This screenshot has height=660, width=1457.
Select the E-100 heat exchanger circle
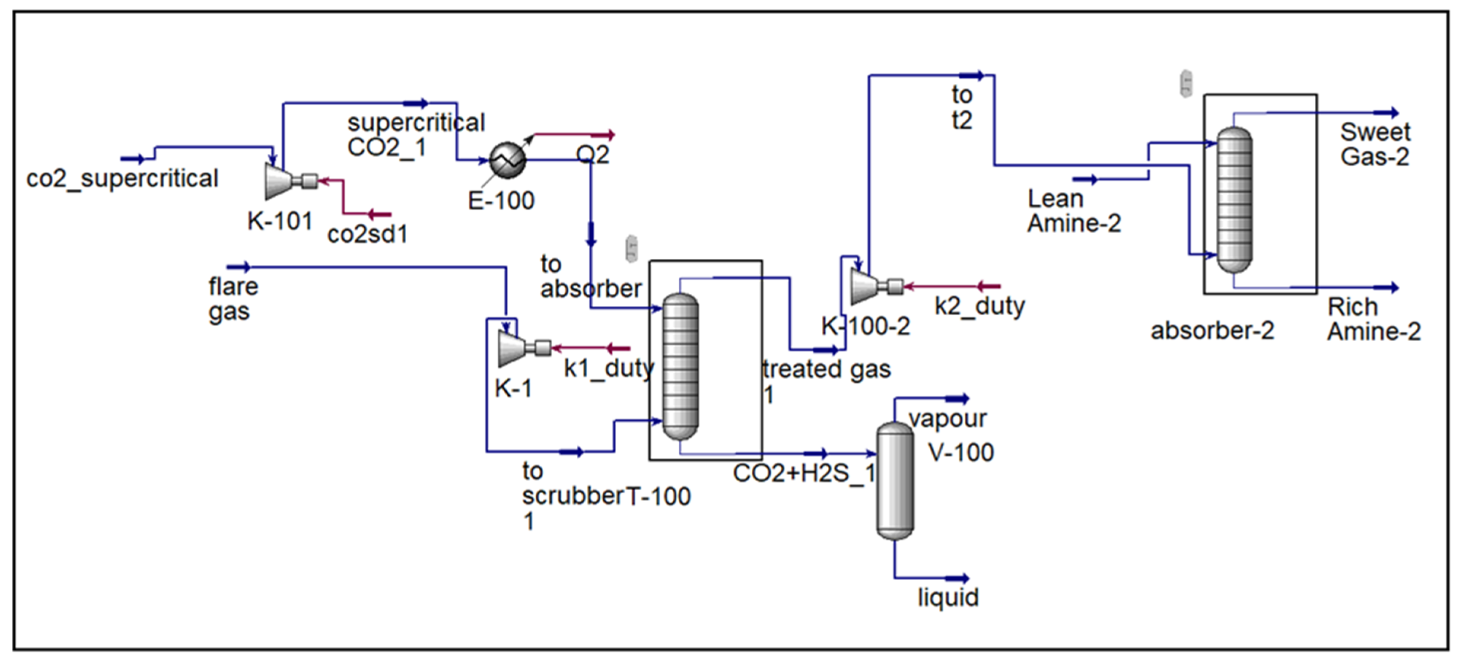pos(507,160)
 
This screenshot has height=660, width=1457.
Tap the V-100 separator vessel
pos(895,481)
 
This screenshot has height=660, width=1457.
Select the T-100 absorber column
pos(681,366)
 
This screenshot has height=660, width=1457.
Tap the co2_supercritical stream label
pos(122,179)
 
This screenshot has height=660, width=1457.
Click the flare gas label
pos(233,299)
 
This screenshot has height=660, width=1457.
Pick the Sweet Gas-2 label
pos(1375,144)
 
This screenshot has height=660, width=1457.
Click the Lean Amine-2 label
pos(1074,211)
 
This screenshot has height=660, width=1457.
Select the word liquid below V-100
pos(948,597)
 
